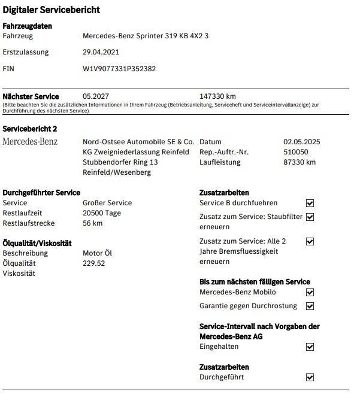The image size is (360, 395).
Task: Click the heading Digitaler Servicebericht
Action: (x=52, y=10)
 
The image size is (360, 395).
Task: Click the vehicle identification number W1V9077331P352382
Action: (x=119, y=69)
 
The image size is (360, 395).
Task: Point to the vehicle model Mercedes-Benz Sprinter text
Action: (x=146, y=36)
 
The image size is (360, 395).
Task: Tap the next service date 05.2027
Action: (x=95, y=96)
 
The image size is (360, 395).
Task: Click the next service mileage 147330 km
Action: (x=217, y=96)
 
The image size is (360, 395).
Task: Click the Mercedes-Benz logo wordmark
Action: (x=30, y=142)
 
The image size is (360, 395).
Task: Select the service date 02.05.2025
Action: (x=301, y=142)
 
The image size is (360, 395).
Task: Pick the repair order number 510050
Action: (x=296, y=152)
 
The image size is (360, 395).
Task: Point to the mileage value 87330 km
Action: (x=300, y=162)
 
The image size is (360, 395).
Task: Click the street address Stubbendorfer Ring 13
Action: (x=120, y=162)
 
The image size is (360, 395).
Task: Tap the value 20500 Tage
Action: (x=102, y=213)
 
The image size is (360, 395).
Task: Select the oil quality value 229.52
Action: (x=93, y=263)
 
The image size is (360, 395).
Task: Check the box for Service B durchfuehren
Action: (x=310, y=203)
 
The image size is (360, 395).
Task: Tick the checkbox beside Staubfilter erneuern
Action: (x=310, y=217)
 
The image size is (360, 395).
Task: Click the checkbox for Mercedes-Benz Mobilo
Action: (x=310, y=293)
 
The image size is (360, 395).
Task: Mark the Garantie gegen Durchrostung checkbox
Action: (x=310, y=306)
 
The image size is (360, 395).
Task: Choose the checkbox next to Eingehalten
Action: (x=310, y=347)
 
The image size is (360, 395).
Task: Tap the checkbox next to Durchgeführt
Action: (x=310, y=378)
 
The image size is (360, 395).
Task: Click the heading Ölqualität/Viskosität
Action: (x=37, y=243)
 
